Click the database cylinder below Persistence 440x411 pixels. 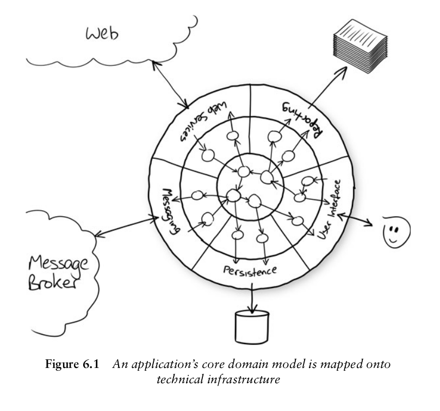click(x=252, y=326)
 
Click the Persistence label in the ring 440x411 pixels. click(x=250, y=271)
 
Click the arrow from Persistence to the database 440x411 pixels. click(x=252, y=298)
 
